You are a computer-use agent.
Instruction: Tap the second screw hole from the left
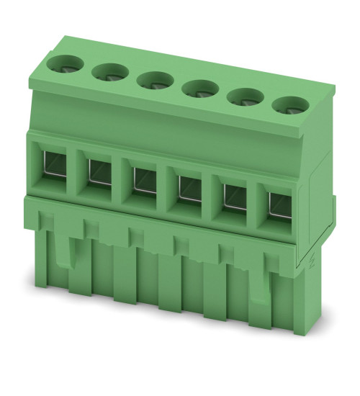(x=109, y=71)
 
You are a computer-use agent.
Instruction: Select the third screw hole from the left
(x=155, y=78)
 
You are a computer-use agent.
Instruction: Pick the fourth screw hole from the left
(x=199, y=88)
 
